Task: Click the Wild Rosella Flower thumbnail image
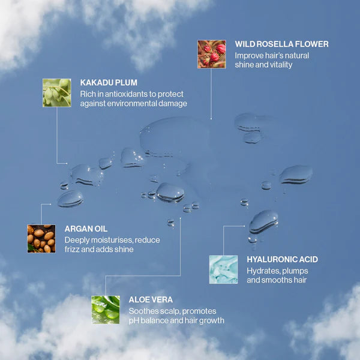click(212, 54)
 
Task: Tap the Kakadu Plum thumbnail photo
click(57, 93)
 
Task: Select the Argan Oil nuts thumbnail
click(41, 239)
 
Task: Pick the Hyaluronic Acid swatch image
click(224, 269)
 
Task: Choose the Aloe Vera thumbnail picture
click(106, 310)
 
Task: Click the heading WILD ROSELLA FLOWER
click(282, 44)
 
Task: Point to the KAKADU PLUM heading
click(109, 83)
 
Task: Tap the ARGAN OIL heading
click(86, 229)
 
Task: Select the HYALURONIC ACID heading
click(283, 259)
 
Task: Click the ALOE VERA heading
click(151, 299)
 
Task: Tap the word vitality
click(281, 65)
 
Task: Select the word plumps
click(295, 271)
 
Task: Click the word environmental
click(132, 104)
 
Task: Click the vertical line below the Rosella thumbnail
click(211, 94)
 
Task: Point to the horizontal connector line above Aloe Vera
click(143, 276)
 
